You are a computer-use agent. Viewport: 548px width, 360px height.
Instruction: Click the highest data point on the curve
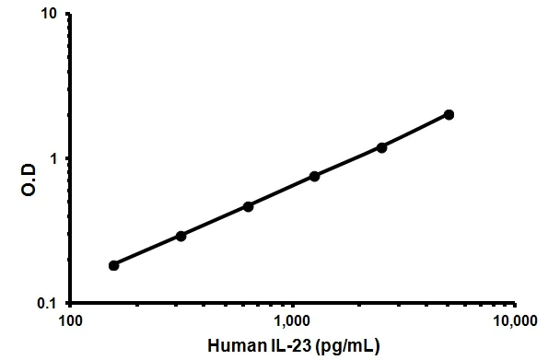click(x=449, y=114)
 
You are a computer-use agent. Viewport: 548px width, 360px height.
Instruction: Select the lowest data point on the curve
click(x=114, y=265)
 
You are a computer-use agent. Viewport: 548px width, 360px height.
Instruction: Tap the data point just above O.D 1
click(x=381, y=147)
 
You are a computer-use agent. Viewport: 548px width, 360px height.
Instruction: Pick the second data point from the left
click(x=181, y=236)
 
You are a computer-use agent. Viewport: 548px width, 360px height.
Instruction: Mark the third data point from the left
click(x=248, y=206)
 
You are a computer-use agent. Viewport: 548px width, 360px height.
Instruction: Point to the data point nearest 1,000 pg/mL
click(x=314, y=176)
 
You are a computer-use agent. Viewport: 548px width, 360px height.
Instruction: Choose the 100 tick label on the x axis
click(x=71, y=321)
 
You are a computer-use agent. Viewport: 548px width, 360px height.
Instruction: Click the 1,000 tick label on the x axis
click(x=292, y=321)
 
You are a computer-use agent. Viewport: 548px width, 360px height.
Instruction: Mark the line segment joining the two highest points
click(x=414, y=131)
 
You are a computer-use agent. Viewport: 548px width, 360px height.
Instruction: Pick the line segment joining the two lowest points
click(x=147, y=250)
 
